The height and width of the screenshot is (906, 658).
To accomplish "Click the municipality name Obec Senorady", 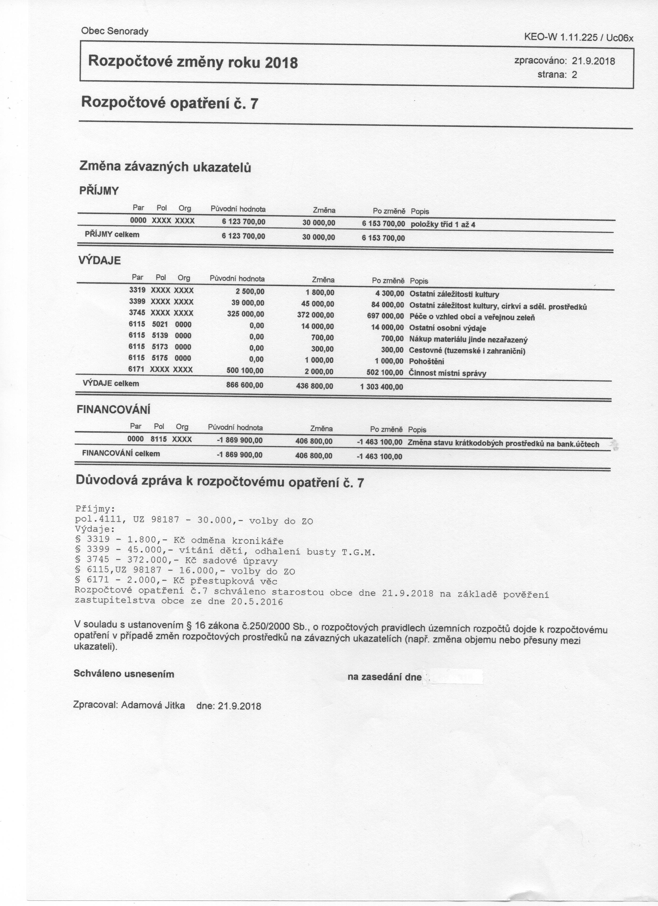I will coord(115,31).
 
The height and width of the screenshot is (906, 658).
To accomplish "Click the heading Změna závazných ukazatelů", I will coord(166,166).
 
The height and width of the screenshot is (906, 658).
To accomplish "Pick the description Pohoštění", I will coord(427,362).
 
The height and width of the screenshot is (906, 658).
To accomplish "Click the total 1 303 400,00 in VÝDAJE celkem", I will coord(381,387).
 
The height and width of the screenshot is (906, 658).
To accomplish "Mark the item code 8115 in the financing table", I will coord(158,439).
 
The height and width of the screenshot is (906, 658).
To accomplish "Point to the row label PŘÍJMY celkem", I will coord(112,234).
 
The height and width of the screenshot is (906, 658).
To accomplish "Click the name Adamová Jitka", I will coord(153,705).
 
